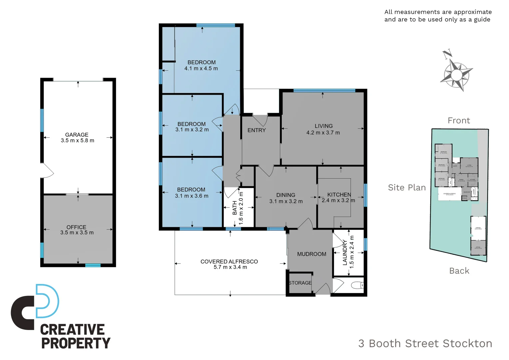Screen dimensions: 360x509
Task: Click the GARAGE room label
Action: (x=77, y=135)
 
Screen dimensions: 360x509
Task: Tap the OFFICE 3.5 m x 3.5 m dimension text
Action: (x=77, y=233)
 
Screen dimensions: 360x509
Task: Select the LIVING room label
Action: (x=323, y=126)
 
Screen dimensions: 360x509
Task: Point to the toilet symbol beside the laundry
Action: (x=357, y=285)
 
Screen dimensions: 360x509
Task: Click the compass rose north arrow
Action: (x=456, y=71)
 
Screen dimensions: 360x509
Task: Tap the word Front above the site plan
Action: (x=459, y=121)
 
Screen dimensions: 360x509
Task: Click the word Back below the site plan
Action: (x=459, y=271)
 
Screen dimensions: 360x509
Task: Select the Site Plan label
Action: (x=407, y=188)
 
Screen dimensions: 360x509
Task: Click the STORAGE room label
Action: (x=300, y=283)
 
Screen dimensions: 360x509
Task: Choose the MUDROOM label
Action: (x=311, y=254)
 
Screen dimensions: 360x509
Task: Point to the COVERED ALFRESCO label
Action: (x=229, y=262)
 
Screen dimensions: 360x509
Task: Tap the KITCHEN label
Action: (x=339, y=195)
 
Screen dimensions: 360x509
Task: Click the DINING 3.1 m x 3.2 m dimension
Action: (x=286, y=201)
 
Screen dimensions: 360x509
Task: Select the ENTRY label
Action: (x=256, y=130)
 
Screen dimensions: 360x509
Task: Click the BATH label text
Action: (x=235, y=208)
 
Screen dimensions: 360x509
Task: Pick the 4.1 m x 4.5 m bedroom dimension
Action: (x=201, y=68)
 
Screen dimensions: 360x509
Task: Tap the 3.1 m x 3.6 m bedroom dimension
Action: (x=192, y=196)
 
